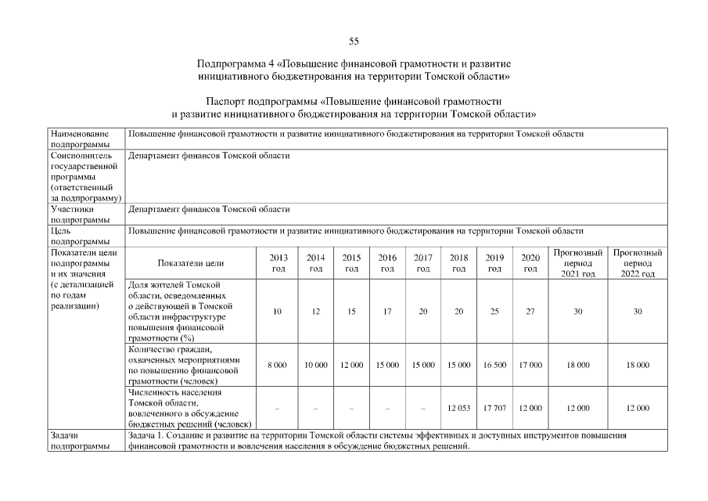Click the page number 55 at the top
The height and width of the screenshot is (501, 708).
354,41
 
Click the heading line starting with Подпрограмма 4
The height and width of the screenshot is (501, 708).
354,62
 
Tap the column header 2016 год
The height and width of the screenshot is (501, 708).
387,263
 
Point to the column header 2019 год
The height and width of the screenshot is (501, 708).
494,263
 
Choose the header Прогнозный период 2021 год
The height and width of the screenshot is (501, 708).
577,263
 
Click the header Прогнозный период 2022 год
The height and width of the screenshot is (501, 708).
638,263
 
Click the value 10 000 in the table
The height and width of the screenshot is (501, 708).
315,365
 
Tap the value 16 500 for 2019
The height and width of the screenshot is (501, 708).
494,365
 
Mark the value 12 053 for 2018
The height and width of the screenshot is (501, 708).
458,408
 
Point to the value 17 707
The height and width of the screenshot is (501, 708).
494,408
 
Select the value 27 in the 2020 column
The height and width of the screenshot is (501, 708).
530,312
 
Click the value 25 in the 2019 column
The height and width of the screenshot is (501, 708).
494,312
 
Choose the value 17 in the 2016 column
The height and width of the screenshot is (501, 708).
387,312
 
